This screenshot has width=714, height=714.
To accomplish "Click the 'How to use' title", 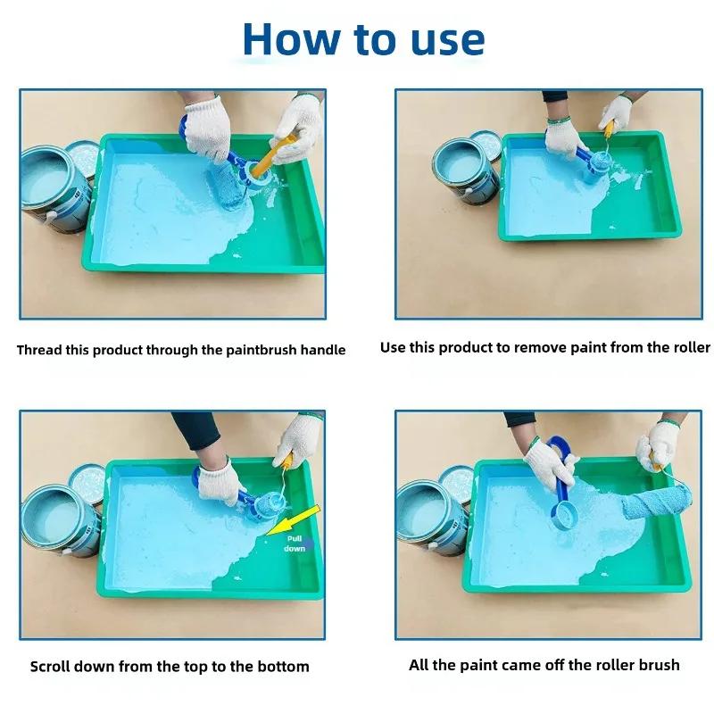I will [x=363, y=39].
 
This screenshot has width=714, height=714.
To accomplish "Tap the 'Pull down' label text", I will [x=295, y=544].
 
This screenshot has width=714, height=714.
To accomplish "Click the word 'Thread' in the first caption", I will [x=39, y=350].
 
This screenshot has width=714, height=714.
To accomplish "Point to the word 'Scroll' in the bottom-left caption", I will [x=53, y=666].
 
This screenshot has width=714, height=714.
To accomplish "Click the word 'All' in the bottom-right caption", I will [x=420, y=664].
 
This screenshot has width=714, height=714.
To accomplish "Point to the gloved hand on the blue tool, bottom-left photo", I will [x=217, y=482].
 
